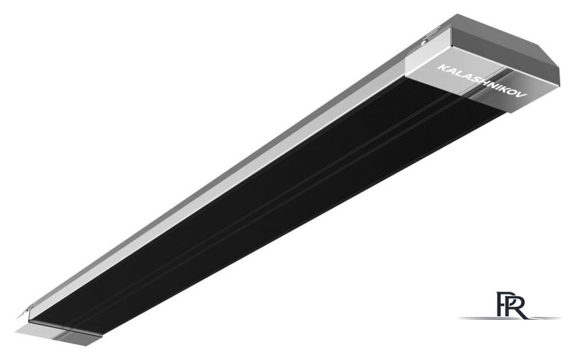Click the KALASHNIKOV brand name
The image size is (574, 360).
pyautogui.click(x=482, y=81)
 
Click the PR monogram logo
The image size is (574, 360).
pyautogui.click(x=512, y=305)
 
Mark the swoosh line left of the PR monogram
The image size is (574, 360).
pyautogui.click(x=478, y=318)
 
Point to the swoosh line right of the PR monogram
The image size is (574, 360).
pyautogui.click(x=545, y=318)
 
